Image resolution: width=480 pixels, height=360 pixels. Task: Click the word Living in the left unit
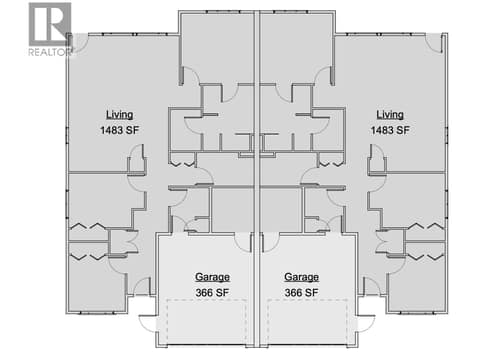click(120, 115)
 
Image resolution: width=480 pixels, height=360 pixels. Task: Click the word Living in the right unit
click(390, 115)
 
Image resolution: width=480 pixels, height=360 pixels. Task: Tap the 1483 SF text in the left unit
click(120, 130)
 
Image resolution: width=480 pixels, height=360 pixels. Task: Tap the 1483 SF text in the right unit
click(390, 130)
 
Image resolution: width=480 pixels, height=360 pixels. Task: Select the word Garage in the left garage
click(212, 277)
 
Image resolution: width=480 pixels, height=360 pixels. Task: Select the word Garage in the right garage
click(301, 277)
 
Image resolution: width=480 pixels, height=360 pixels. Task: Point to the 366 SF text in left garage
click(212, 293)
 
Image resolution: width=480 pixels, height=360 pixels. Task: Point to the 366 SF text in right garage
click(301, 293)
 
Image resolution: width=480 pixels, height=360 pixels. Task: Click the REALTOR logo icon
click(50, 24)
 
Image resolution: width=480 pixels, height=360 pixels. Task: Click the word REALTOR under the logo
click(50, 52)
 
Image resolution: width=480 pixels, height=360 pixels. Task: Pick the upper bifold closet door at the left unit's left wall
click(88, 226)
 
